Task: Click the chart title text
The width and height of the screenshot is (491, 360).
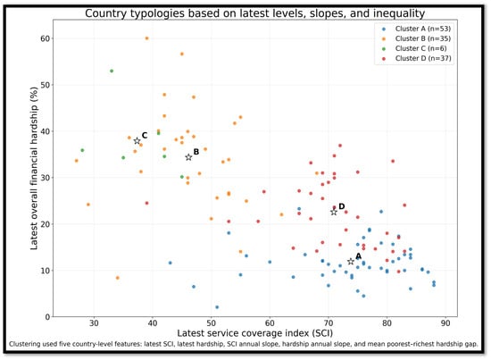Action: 255,13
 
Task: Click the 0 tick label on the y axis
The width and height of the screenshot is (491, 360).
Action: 47,317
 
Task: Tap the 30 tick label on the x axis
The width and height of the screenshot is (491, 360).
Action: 94,323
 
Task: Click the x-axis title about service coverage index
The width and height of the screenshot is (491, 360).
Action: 255,333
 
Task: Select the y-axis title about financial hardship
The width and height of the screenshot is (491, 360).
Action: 34,168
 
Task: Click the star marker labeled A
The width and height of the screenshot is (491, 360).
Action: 351,262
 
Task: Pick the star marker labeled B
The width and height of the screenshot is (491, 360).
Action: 188,157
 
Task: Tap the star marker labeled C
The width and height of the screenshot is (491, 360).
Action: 137,141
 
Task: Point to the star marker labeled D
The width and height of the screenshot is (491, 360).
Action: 334,212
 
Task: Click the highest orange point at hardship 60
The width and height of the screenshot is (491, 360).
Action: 147,38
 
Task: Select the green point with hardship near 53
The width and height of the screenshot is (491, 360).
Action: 112,71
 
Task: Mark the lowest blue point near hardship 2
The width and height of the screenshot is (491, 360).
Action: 217,307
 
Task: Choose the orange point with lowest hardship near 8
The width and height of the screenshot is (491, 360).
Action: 118,278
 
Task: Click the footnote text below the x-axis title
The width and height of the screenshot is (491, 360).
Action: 244,344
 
